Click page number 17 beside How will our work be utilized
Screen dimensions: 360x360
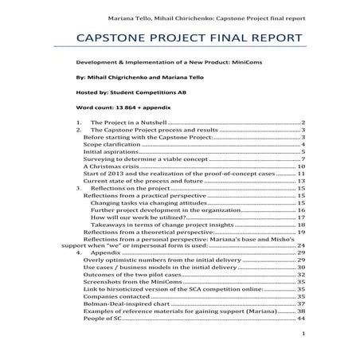[302, 217]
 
